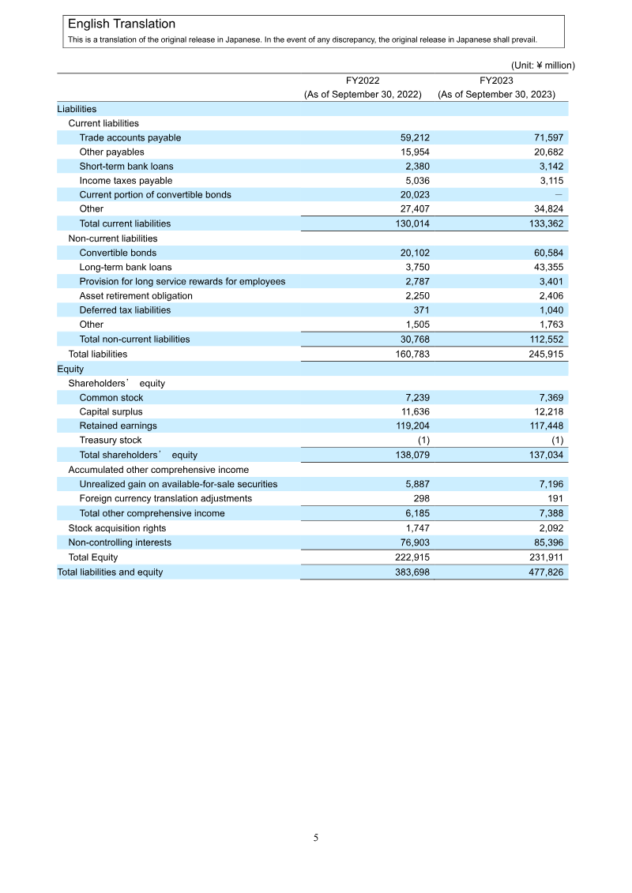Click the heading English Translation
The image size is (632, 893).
click(122, 24)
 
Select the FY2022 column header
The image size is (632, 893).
click(363, 80)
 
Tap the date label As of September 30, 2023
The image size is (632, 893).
click(496, 94)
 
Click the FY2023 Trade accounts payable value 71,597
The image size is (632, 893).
click(547, 137)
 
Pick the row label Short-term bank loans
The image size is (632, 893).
click(126, 166)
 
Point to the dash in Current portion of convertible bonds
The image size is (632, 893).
click(559, 194)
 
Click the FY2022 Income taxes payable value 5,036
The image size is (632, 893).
click(415, 180)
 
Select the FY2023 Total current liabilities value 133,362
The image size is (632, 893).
click(544, 223)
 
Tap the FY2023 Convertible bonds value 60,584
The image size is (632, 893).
click(547, 253)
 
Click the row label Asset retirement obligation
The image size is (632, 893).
click(136, 295)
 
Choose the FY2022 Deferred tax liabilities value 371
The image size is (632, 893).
click(421, 310)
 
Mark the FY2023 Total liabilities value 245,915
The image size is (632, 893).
click(544, 354)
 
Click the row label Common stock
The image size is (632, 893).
click(111, 398)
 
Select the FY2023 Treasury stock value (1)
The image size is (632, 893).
click(556, 440)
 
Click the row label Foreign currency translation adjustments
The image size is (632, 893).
click(166, 498)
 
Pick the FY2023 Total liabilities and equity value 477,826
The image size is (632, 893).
click(544, 572)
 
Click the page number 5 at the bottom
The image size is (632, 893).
click(316, 838)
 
